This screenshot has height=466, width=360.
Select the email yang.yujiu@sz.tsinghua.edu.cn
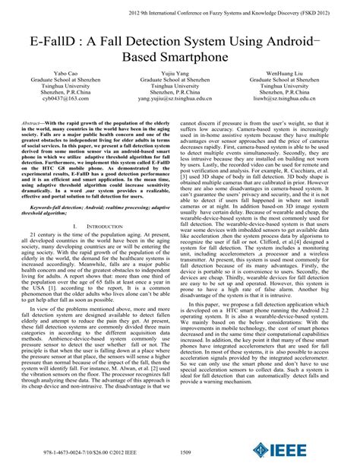click(x=180, y=99)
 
